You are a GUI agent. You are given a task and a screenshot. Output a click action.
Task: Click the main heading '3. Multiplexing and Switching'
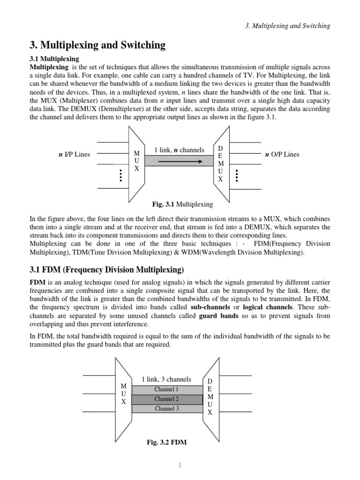tap(97, 45)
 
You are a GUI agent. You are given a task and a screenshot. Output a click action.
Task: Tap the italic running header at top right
tap(288, 26)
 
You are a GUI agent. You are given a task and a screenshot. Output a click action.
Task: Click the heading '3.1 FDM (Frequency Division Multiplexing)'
tap(107, 270)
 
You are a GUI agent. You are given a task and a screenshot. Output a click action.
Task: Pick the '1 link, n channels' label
tap(180, 150)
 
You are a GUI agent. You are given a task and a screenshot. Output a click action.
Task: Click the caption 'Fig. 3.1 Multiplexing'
tap(182, 204)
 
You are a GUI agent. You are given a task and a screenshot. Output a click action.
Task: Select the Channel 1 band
tap(166, 390)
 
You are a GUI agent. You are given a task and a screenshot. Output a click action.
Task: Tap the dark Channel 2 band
tap(166, 399)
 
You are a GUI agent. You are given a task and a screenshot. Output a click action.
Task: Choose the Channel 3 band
tap(166, 408)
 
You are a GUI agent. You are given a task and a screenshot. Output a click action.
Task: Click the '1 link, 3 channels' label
tap(166, 379)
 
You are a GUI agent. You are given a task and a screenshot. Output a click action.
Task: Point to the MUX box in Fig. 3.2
tap(123, 394)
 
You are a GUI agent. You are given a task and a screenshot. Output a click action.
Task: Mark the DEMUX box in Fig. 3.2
tap(210, 396)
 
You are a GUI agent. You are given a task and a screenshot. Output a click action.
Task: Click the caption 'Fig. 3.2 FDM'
tap(166, 442)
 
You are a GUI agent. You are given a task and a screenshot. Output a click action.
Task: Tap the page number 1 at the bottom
tap(179, 465)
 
